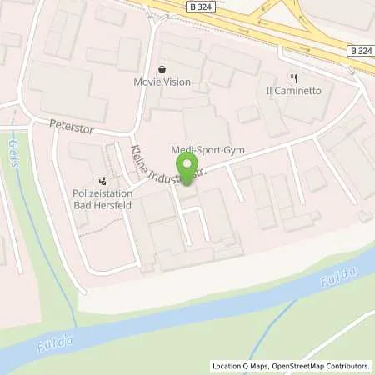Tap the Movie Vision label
[162, 82]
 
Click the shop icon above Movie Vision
[162, 68]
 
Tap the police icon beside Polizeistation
[103, 178]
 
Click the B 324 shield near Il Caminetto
[358, 50]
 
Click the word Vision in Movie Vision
[177, 82]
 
